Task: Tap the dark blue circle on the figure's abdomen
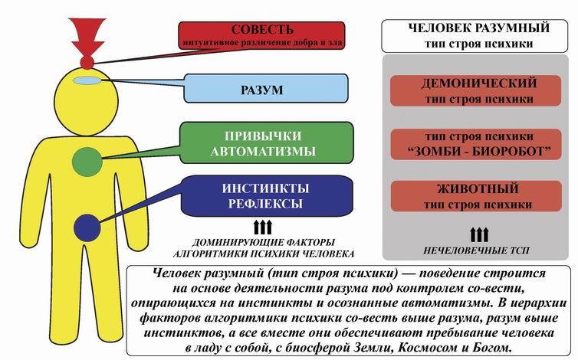tap(89, 227)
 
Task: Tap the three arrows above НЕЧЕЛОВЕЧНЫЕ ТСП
tap(478, 234)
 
